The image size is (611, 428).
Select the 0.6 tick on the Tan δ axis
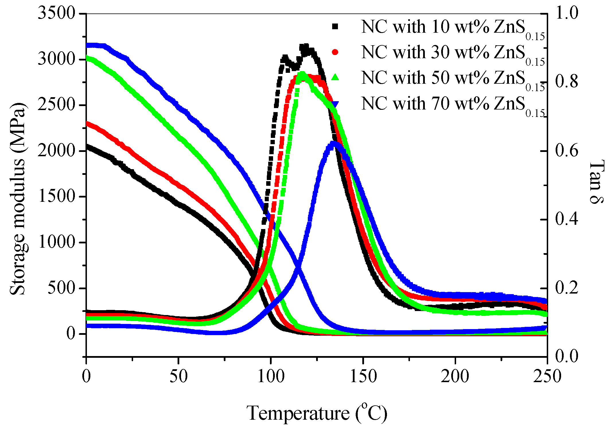567,151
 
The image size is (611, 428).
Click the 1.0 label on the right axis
567,13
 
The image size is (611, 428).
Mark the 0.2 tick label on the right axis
567,288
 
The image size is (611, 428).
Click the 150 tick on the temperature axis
363,376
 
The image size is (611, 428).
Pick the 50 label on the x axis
178,376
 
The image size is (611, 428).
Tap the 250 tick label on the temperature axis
547,376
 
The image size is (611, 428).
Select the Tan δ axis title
597,182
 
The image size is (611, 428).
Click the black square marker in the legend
335,27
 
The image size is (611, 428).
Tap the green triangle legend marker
335,77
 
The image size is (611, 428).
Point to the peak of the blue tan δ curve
333,142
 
